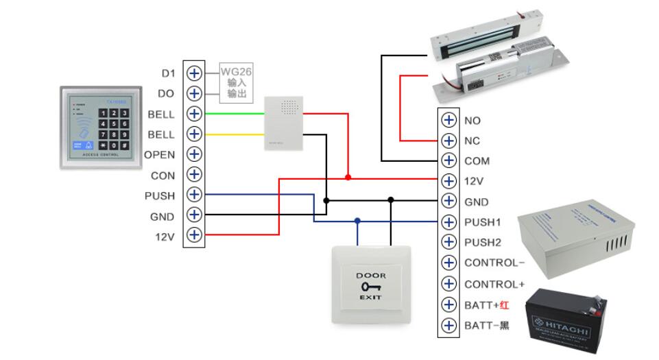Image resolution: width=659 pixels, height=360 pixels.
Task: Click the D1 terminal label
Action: pyautogui.click(x=168, y=73)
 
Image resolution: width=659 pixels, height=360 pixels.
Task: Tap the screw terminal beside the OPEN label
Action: pyautogui.click(x=195, y=154)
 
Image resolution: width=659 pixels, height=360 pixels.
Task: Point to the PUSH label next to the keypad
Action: pyautogui.click(x=159, y=196)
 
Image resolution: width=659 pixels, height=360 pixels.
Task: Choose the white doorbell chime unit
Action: pyautogui.click(x=283, y=123)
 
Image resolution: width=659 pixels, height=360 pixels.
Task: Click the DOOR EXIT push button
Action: pyautogui.click(x=371, y=285)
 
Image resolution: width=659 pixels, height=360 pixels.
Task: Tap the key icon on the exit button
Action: pyautogui.click(x=371, y=287)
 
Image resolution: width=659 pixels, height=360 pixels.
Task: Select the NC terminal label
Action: pyautogui.click(x=472, y=141)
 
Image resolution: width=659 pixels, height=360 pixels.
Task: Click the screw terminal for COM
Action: pyautogui.click(x=448, y=160)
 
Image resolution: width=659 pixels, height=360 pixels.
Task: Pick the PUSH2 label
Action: pyautogui.click(x=483, y=243)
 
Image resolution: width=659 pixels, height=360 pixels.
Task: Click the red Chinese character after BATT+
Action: pyautogui.click(x=504, y=304)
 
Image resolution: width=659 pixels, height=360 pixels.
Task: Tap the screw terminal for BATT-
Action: pyautogui.click(x=448, y=325)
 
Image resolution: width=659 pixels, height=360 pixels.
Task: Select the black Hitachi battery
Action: pyautogui.click(x=566, y=320)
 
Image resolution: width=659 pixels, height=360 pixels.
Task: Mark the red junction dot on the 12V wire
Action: pyautogui.click(x=348, y=178)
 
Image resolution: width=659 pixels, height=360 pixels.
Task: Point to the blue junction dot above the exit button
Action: pyautogui.click(x=357, y=221)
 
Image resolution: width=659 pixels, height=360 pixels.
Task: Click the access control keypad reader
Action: pyautogui.click(x=100, y=127)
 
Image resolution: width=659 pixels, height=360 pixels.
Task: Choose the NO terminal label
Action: pyautogui.click(x=472, y=121)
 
